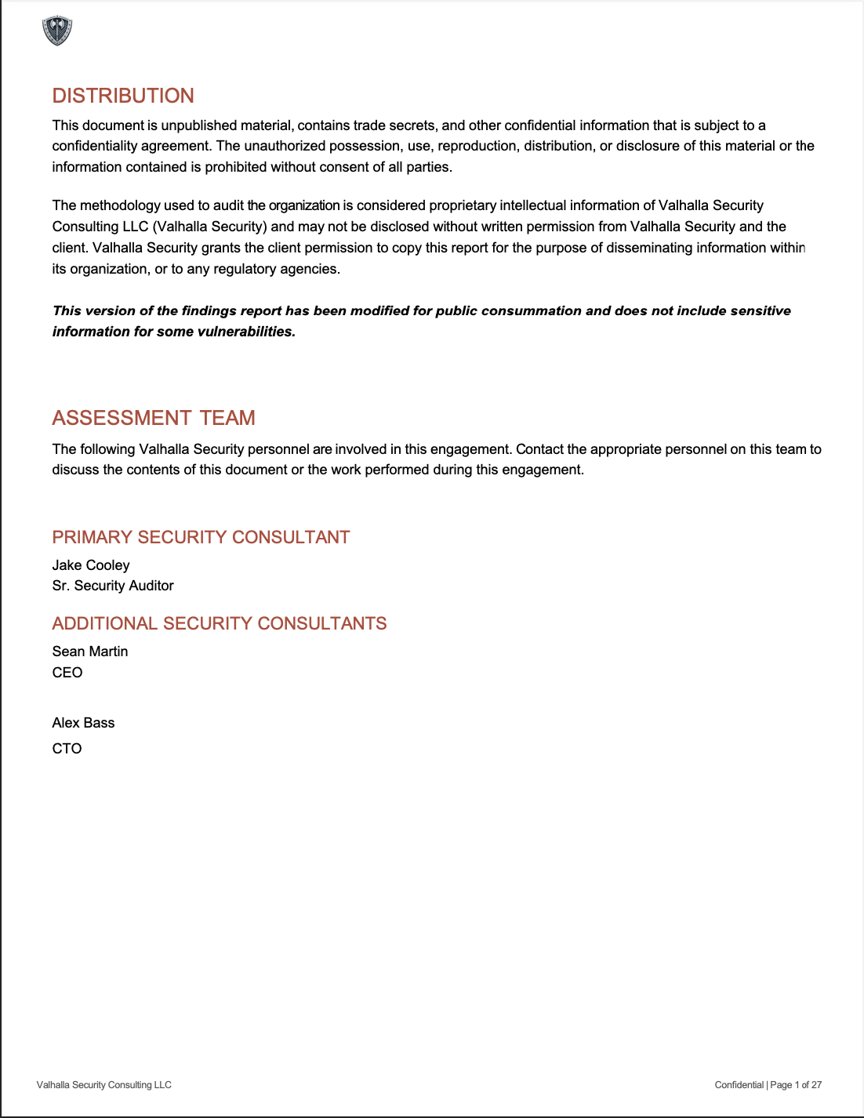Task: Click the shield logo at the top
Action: point(57,31)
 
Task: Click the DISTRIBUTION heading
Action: point(123,96)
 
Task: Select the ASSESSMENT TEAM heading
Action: point(154,418)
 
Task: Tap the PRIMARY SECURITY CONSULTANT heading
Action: point(201,537)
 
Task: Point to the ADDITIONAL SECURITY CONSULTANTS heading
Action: point(220,623)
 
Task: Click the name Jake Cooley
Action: point(91,565)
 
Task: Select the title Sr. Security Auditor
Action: point(113,586)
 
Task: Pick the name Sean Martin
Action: point(90,652)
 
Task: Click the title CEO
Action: point(67,673)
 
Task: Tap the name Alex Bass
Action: point(84,723)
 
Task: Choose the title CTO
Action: point(67,749)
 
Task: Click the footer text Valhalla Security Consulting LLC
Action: point(104,1085)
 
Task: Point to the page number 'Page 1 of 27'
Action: point(796,1085)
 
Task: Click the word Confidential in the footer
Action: point(739,1085)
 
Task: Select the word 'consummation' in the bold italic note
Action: point(531,311)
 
